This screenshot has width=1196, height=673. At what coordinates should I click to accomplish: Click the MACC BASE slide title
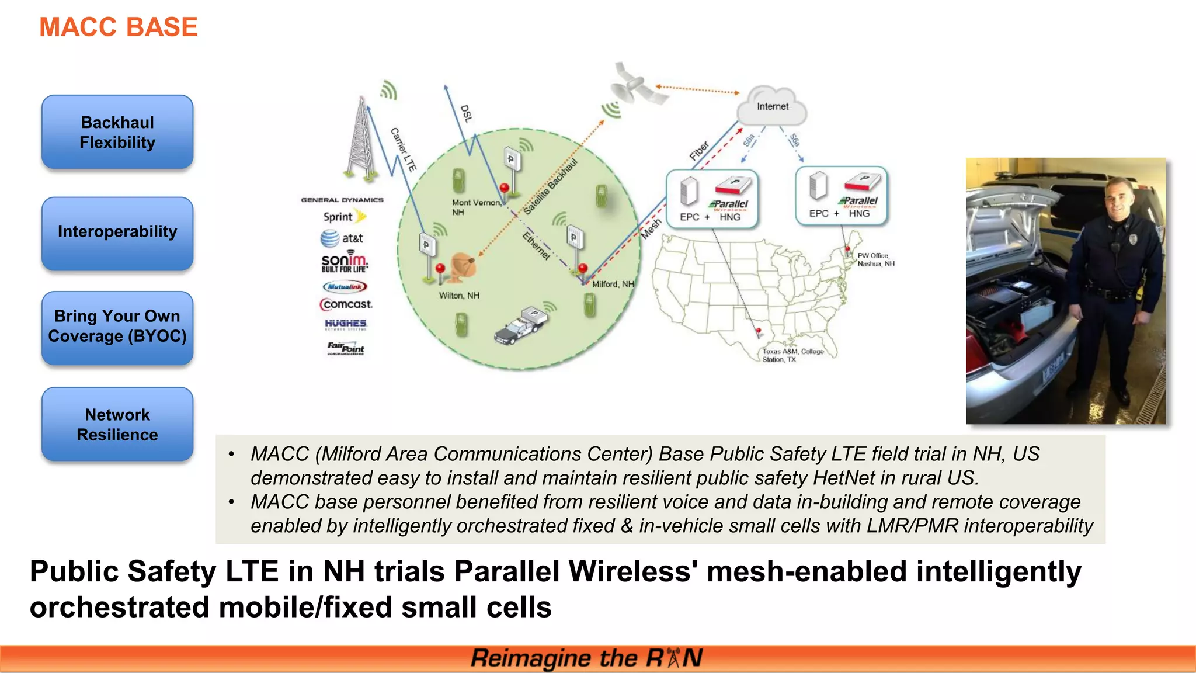pyautogui.click(x=118, y=27)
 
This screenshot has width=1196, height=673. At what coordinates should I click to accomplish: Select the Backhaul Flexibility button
pyautogui.click(x=117, y=133)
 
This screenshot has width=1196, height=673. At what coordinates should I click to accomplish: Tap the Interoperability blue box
pyautogui.click(x=117, y=233)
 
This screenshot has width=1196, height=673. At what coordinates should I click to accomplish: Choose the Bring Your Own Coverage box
pyautogui.click(x=117, y=327)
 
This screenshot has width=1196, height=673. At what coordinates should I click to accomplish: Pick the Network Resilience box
pyautogui.click(x=117, y=425)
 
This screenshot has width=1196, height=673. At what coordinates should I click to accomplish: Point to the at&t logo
pyautogui.click(x=342, y=238)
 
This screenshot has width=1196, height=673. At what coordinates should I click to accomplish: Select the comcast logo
pyautogui.click(x=346, y=304)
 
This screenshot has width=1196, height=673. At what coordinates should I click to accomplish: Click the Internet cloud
pyautogui.click(x=772, y=106)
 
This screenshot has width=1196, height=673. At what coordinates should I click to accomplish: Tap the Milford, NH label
pyautogui.click(x=613, y=285)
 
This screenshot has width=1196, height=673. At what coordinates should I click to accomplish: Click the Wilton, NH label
pyautogui.click(x=459, y=296)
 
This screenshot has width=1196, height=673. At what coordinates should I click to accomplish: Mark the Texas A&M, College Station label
pyautogui.click(x=792, y=355)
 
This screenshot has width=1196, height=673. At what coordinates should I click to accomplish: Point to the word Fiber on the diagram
pyautogui.click(x=699, y=151)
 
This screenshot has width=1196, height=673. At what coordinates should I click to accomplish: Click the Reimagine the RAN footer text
pyautogui.click(x=586, y=658)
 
